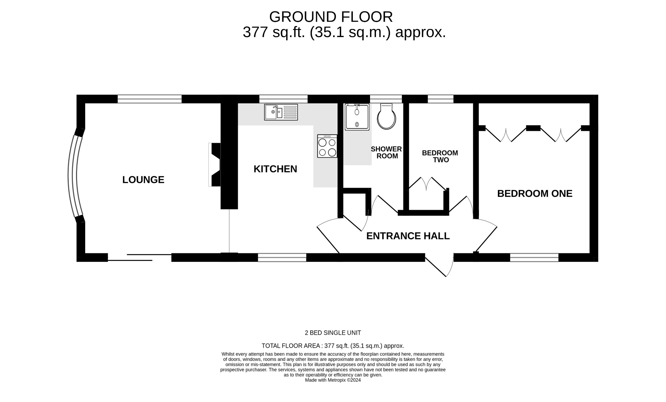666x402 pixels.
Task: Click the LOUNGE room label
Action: (143, 180)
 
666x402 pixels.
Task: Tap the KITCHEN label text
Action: (275, 169)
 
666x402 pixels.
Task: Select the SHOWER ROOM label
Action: (386, 153)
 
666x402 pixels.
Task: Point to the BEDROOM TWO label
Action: (440, 156)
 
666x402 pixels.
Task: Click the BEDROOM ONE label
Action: (535, 194)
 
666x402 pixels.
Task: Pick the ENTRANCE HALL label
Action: (408, 236)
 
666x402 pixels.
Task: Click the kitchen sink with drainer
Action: (281, 112)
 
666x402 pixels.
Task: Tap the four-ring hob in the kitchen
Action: (327, 146)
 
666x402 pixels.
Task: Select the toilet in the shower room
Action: (386, 116)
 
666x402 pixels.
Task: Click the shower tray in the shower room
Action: (357, 117)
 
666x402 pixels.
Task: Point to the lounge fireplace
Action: (215, 165)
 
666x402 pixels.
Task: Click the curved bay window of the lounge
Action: (73, 176)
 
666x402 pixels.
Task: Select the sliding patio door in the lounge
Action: (140, 257)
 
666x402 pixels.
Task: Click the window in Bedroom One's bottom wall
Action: (534, 258)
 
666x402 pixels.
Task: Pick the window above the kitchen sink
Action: (283, 99)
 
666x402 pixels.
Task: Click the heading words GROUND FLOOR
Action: (331, 17)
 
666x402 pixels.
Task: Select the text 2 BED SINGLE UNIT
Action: (333, 333)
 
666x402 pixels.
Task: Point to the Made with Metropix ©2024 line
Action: (333, 380)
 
